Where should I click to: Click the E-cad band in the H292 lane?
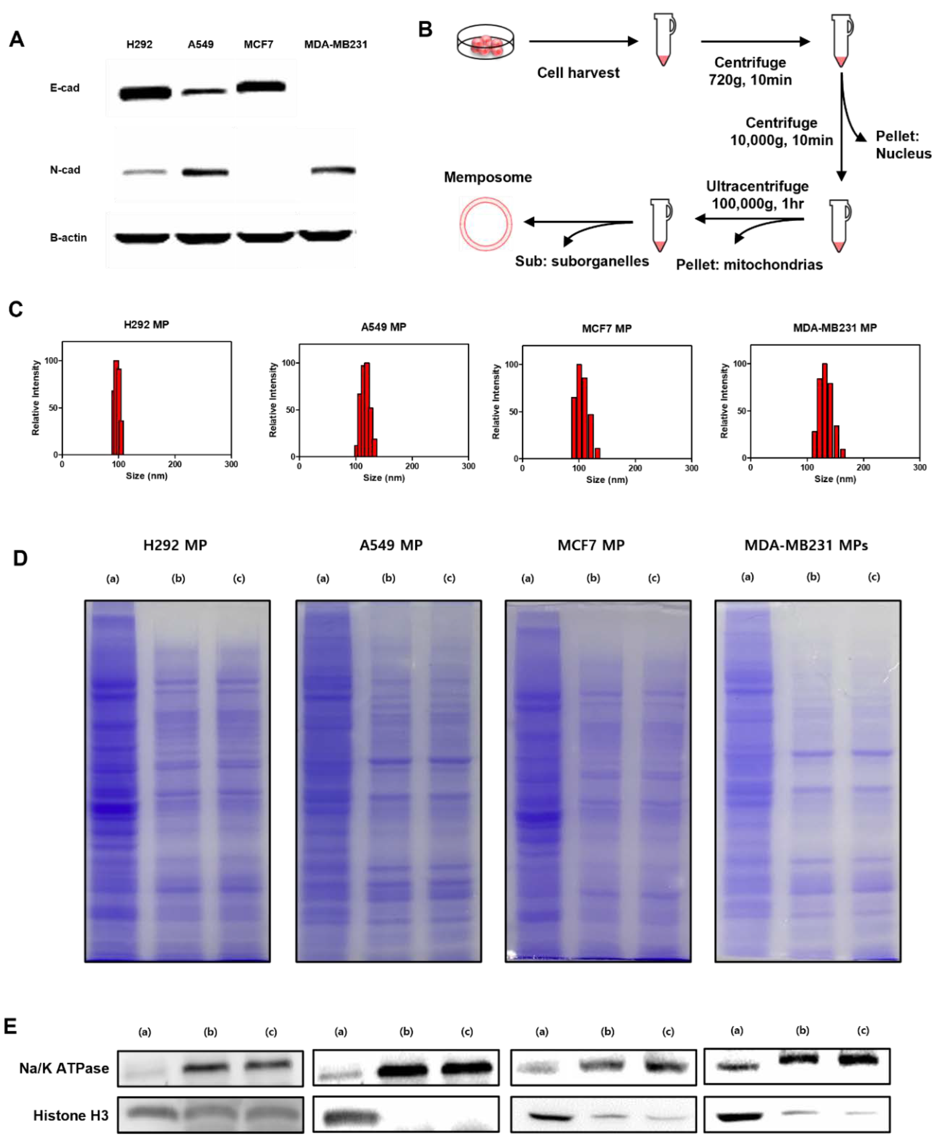[x=145, y=93]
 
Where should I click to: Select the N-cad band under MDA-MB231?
[x=333, y=170]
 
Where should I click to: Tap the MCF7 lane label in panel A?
[x=258, y=44]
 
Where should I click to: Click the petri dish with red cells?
[x=485, y=42]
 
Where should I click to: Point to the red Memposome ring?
[x=485, y=223]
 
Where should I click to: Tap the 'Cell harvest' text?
[x=578, y=73]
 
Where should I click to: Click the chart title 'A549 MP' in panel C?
[x=383, y=327]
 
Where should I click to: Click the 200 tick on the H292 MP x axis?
[x=174, y=464]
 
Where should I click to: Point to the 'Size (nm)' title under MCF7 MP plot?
[x=607, y=480]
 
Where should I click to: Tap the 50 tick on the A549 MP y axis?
[x=290, y=410]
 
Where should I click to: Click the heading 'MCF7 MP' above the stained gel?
[x=591, y=546]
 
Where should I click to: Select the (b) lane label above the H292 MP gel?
[x=178, y=578]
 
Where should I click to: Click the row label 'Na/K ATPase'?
[x=64, y=1068]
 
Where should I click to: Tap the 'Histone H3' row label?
[x=71, y=1115]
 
